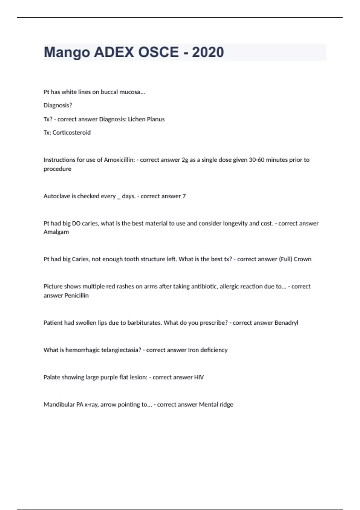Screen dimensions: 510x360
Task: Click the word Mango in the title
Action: pos(67,52)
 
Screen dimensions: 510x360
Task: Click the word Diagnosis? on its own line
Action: pos(58,105)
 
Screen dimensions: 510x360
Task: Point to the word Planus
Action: pos(155,119)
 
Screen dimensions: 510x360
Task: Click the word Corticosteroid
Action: pos(71,133)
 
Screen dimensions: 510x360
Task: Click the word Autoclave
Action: pos(57,196)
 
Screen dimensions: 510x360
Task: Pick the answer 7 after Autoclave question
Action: pos(184,196)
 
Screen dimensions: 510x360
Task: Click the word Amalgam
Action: pos(56,232)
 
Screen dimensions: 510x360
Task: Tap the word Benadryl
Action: pos(286,323)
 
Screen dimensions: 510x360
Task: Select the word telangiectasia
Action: pos(121,350)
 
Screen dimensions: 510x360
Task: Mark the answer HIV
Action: pos(199,377)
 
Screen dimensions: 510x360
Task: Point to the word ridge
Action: pos(226,405)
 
